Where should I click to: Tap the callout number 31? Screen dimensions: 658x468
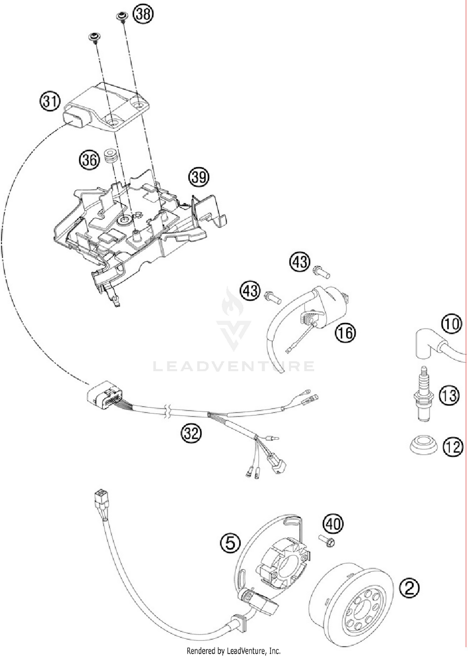click(x=50, y=102)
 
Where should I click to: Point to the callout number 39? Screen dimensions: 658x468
click(x=198, y=177)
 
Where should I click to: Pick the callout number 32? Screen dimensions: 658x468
click(x=191, y=433)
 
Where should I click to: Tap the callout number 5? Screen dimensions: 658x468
click(x=230, y=543)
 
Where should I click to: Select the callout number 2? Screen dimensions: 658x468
click(x=409, y=588)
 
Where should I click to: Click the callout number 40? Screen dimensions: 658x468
click(x=333, y=524)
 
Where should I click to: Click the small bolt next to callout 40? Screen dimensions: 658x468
click(x=327, y=540)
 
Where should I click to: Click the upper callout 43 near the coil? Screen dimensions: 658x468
click(x=300, y=262)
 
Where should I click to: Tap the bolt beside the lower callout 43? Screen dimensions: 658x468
click(x=272, y=297)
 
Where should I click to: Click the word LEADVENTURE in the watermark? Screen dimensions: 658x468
click(x=233, y=366)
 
